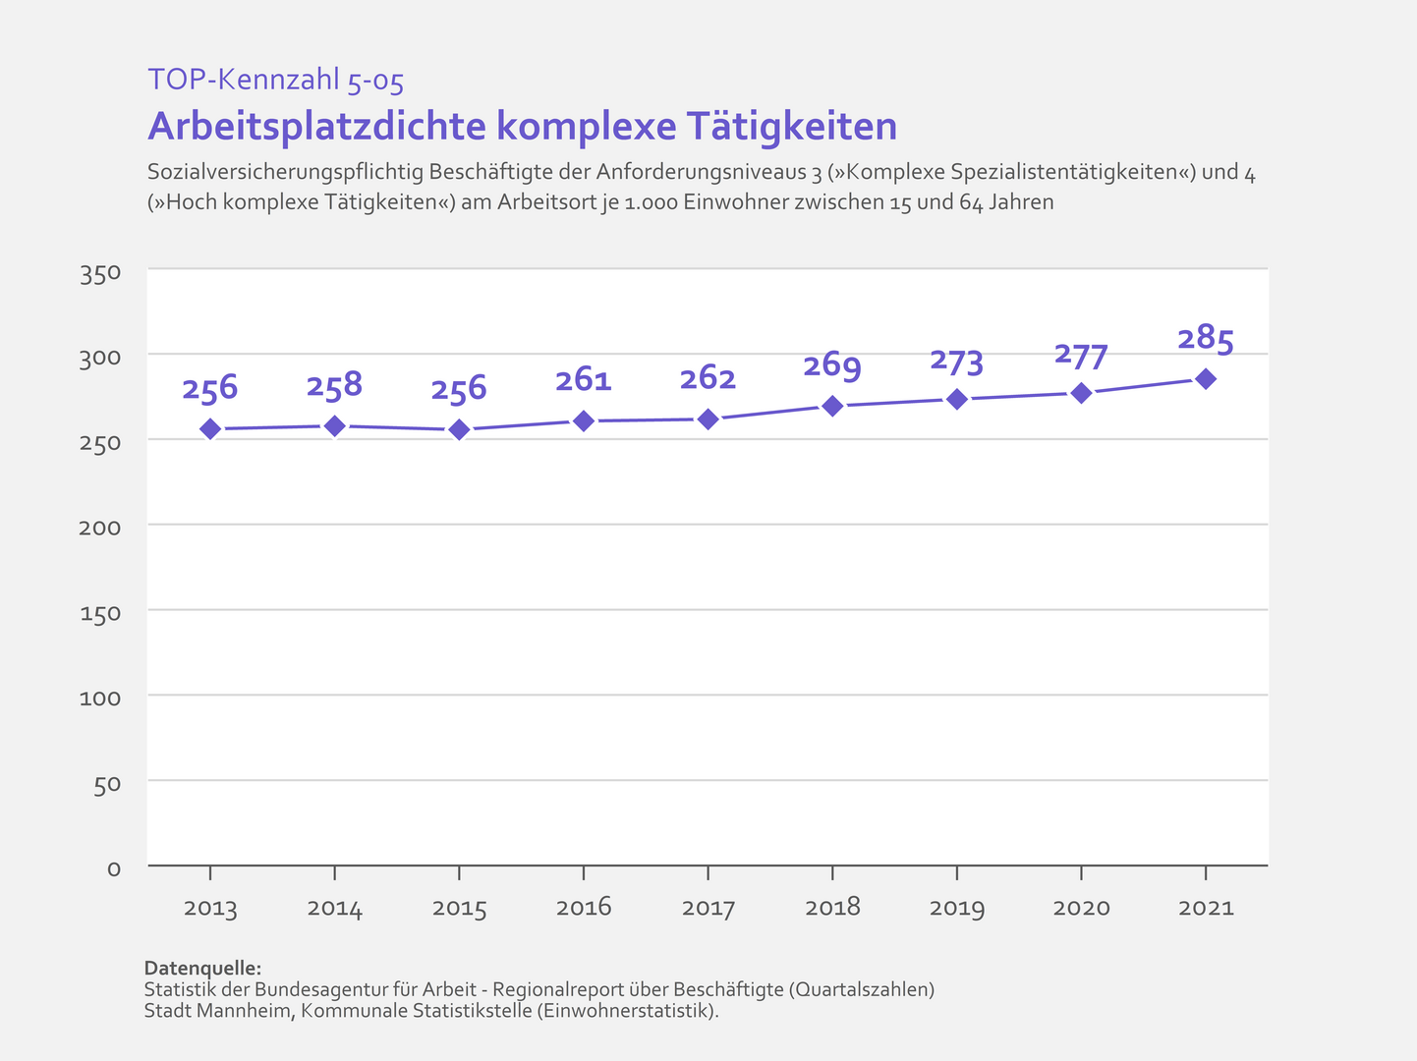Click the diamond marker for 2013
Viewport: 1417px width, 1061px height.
point(210,428)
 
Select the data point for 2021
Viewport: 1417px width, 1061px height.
point(1206,379)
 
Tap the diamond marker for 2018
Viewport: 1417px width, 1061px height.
point(832,406)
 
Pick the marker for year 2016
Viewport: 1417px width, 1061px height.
point(584,420)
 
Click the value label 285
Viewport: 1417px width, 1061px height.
point(1206,340)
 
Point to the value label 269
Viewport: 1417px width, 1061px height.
point(832,366)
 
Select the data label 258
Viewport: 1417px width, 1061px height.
point(334,386)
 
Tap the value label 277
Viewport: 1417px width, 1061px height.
point(1081,355)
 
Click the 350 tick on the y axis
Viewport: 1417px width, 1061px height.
point(100,274)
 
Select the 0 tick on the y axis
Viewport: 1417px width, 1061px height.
point(114,869)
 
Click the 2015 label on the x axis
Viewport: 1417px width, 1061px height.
point(459,909)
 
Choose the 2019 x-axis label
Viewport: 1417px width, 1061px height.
point(957,909)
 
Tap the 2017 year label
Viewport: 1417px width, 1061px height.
point(708,909)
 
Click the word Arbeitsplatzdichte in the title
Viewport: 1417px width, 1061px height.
point(315,127)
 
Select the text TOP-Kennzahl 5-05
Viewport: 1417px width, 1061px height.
point(275,80)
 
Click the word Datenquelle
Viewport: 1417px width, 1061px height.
point(202,969)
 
